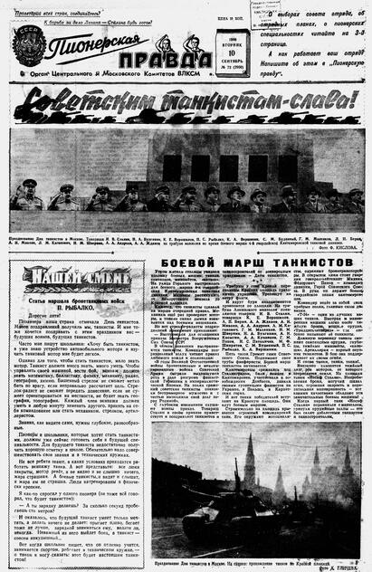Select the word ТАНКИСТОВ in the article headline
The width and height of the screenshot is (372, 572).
pos(312,262)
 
